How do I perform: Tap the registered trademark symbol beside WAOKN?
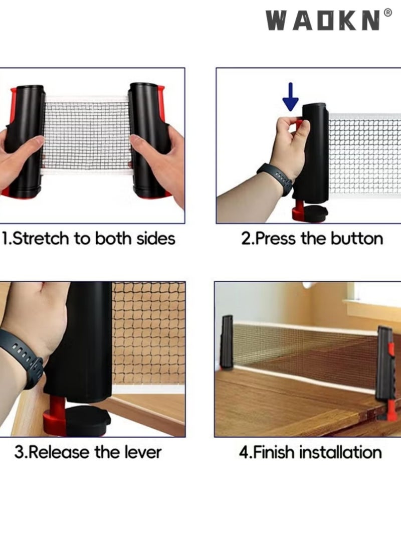coord(387,13)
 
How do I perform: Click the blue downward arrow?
coord(290,97)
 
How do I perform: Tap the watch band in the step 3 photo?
coord(22,356)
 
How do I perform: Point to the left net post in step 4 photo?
coord(227,342)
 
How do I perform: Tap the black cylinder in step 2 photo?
coord(315,153)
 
